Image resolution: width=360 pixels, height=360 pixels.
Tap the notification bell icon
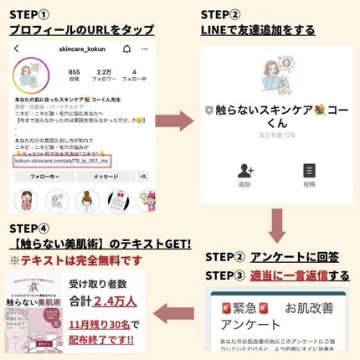coord(126,50)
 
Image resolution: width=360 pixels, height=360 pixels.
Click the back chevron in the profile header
coord(17,50)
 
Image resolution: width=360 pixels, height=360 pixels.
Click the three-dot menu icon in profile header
coord(145,50)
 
